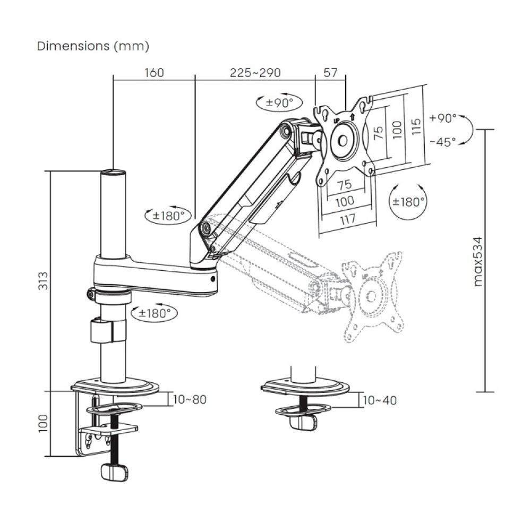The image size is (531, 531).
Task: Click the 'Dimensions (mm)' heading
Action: tap(93, 46)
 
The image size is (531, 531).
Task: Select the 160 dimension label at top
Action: tap(154, 73)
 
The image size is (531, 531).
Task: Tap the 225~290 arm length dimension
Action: tap(255, 73)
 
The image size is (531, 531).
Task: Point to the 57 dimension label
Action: tap(330, 73)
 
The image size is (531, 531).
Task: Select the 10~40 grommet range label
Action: tap(379, 400)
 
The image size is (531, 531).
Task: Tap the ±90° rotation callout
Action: tap(276, 102)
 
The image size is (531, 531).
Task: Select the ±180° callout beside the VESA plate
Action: tap(408, 202)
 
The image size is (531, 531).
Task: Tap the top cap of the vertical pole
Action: tap(114, 172)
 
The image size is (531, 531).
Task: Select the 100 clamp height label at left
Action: tap(43, 424)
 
